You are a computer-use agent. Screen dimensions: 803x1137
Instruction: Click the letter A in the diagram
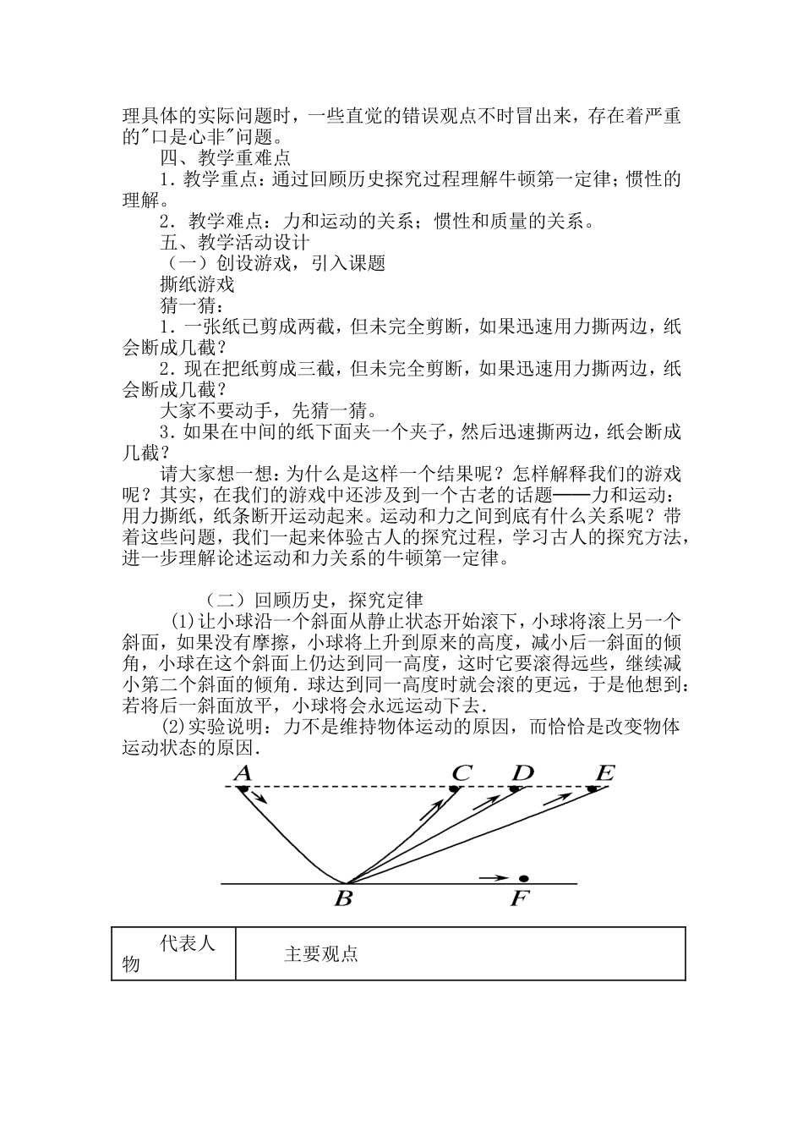click(243, 772)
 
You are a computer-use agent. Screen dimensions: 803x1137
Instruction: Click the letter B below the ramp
click(343, 898)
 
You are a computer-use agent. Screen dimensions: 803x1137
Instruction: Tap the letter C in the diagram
click(462, 772)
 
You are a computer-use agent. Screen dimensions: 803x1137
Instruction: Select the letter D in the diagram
click(523, 772)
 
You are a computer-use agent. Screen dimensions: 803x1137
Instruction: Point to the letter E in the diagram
click(604, 772)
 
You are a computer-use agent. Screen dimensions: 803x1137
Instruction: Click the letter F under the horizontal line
click(519, 898)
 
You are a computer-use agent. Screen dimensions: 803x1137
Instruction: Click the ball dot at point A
click(243, 789)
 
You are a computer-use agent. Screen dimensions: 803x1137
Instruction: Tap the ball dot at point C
click(454, 789)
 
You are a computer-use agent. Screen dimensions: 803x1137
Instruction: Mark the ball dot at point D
click(514, 789)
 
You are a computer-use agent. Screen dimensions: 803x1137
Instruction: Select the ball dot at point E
click(592, 789)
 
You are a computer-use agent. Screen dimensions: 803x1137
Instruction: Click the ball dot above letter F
click(523, 879)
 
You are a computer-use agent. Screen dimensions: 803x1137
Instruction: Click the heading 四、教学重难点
click(226, 157)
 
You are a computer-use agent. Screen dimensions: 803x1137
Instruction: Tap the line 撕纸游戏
click(197, 284)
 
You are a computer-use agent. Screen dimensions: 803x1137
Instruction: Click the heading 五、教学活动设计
click(235, 242)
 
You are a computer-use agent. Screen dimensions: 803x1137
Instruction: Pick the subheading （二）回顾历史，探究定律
click(314, 601)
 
